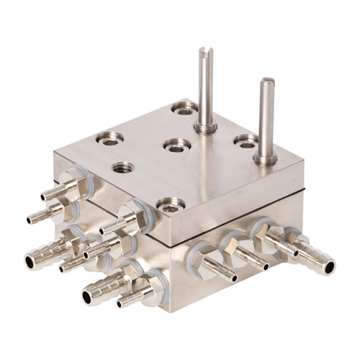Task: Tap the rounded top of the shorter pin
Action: tap(267, 81)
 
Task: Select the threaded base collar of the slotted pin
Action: tap(205, 128)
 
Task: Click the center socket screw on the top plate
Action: tap(176, 145)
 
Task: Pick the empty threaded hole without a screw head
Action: tap(122, 168)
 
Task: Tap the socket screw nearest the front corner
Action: tap(169, 206)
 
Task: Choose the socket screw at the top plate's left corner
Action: tap(110, 138)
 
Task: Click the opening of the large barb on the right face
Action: tap(329, 269)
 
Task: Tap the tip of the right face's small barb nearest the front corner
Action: tap(233, 277)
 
